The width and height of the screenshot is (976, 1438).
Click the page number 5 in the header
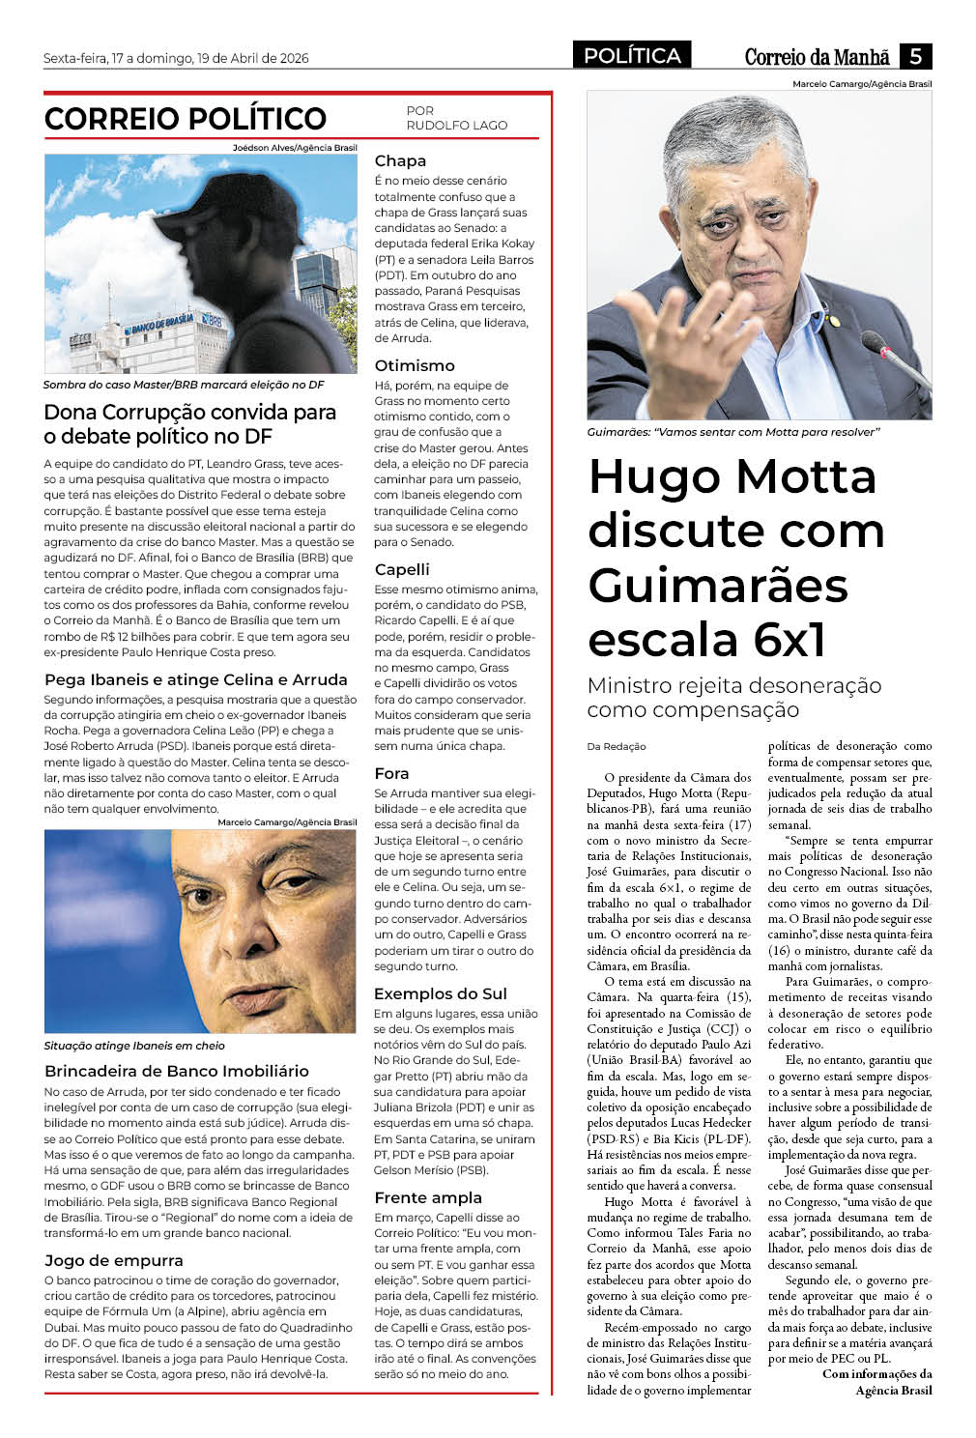pyautogui.click(x=915, y=56)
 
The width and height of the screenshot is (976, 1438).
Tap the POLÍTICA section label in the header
pyautogui.click(x=632, y=56)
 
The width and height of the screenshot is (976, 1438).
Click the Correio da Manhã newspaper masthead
pyautogui.click(x=817, y=57)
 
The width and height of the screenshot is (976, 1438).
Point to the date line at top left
pyautogui.click(x=176, y=58)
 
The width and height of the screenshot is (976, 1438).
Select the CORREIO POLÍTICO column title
pyautogui.click(x=186, y=119)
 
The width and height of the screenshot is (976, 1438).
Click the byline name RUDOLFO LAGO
pyautogui.click(x=456, y=126)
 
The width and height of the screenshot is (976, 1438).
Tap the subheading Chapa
pyautogui.click(x=400, y=161)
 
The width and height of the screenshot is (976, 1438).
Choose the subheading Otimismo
pyautogui.click(x=415, y=366)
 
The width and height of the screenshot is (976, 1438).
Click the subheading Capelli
pyautogui.click(x=402, y=570)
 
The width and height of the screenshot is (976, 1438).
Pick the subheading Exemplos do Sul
pyautogui.click(x=441, y=994)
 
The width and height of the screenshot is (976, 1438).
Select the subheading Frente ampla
pyautogui.click(x=428, y=1198)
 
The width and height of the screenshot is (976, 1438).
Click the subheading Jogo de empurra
pyautogui.click(x=114, y=1261)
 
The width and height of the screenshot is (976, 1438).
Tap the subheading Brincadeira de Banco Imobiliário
pyautogui.click(x=177, y=1072)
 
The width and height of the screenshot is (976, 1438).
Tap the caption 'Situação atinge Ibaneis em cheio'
pyautogui.click(x=134, y=1046)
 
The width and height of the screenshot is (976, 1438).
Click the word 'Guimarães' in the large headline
pyautogui.click(x=718, y=586)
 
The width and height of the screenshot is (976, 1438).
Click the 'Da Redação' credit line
pyautogui.click(x=617, y=747)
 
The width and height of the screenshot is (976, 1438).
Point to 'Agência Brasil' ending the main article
pyautogui.click(x=894, y=1391)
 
